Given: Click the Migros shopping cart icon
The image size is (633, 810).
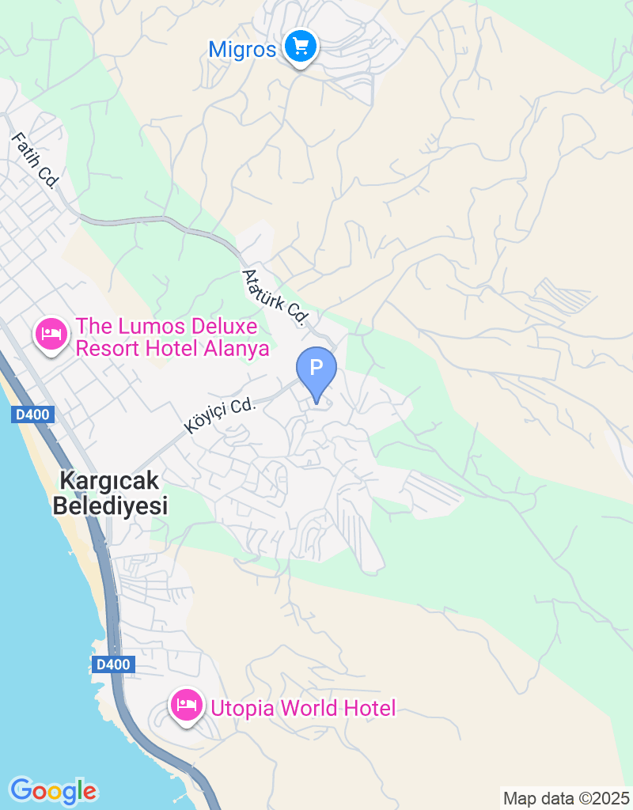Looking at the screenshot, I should (300, 47).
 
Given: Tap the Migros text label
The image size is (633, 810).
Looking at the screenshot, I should (242, 50).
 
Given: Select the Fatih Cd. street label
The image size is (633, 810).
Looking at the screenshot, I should (36, 161).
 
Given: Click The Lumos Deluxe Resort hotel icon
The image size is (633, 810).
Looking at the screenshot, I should (51, 334).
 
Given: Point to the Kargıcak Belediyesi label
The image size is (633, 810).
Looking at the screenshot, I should (111, 493).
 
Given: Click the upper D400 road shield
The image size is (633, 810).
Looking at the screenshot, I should (32, 414).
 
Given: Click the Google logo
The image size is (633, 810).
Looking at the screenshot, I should (53, 790).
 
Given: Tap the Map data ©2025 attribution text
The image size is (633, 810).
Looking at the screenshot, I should (567, 798).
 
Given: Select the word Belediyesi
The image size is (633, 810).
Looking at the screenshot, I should (111, 506).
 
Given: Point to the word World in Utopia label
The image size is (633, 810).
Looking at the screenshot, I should (309, 708).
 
